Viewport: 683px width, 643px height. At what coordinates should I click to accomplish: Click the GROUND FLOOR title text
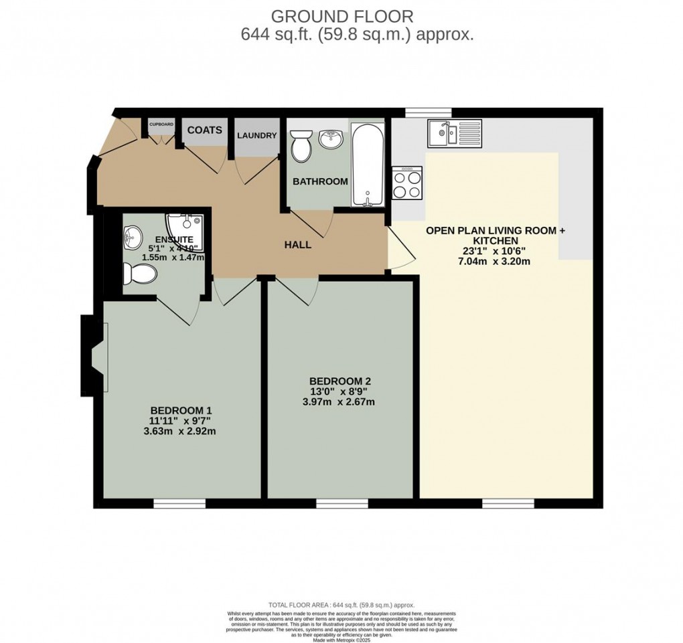pyautogui.click(x=341, y=15)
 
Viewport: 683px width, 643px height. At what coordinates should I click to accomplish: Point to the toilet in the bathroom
pyautogui.click(x=301, y=146)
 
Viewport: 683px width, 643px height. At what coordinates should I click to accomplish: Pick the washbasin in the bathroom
pyautogui.click(x=330, y=139)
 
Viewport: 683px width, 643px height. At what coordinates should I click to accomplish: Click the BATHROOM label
pyautogui.click(x=320, y=181)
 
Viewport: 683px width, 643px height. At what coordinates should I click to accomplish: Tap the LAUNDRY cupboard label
pyautogui.click(x=256, y=135)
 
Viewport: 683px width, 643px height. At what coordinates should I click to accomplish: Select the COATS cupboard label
pyautogui.click(x=204, y=130)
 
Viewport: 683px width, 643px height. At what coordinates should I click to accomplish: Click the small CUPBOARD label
pyautogui.click(x=161, y=124)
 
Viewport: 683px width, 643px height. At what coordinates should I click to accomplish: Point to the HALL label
pyautogui.click(x=298, y=245)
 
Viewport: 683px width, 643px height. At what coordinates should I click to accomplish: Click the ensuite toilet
pyautogui.click(x=139, y=273)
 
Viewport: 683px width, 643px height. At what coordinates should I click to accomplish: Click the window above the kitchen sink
pyautogui.click(x=429, y=112)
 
